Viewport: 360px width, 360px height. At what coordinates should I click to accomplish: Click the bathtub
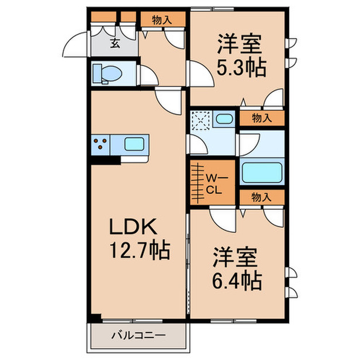coord(261,172)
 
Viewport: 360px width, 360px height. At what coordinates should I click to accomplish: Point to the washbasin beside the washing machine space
coord(224,119)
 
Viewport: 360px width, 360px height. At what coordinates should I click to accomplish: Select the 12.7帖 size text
coord(139,251)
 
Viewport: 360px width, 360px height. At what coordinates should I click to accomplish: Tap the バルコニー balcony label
coord(138,336)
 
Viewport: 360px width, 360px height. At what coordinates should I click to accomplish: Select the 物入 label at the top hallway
coord(161,20)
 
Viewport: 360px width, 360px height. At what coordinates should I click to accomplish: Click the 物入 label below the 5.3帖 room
coord(261,118)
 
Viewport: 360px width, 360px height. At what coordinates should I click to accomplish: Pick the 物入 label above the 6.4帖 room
coord(261,196)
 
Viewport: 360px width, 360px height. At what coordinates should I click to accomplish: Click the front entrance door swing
coord(76,45)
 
